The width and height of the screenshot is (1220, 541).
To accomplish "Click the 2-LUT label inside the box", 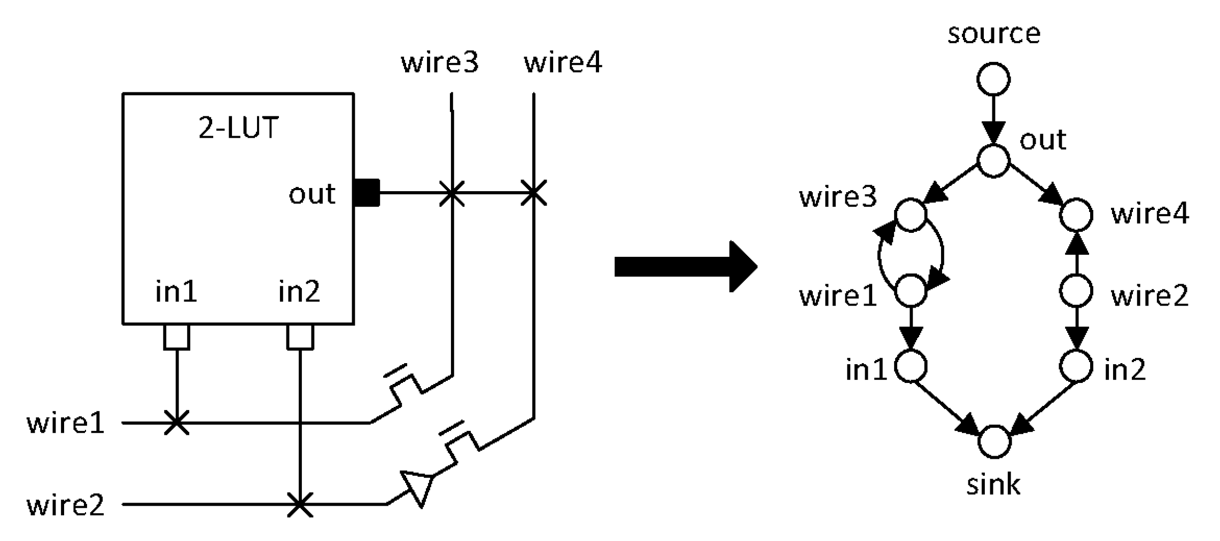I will pos(238,128).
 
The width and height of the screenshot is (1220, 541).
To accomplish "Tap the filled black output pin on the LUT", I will pos(367,193).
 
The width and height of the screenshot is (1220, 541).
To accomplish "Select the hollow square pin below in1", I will pos(176,337).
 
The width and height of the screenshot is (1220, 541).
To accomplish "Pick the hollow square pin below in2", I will pos(300,337).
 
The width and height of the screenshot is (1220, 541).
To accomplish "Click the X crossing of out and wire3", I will pos(452,193).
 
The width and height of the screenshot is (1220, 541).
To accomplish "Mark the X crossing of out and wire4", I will pos(533,193).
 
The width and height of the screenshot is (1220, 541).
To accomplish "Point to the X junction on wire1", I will pos(176,422).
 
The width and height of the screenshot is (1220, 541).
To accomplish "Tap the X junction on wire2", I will pos(300,504).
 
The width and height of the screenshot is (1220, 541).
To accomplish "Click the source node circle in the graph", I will pos(993,79).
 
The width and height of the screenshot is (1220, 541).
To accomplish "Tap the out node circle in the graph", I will pos(993,160).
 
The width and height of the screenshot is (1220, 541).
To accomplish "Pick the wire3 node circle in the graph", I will pos(911,215).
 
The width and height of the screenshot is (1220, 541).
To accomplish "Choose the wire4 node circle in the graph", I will pos(1076,215).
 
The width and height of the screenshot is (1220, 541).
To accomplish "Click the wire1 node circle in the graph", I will pos(911,291).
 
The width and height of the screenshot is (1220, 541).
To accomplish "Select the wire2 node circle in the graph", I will pos(1076,291).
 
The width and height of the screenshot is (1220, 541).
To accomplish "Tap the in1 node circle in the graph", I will pos(911,366).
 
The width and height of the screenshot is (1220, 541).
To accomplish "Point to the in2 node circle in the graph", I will pos(1076,366).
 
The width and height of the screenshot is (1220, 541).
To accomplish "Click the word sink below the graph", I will pos(993,485).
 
